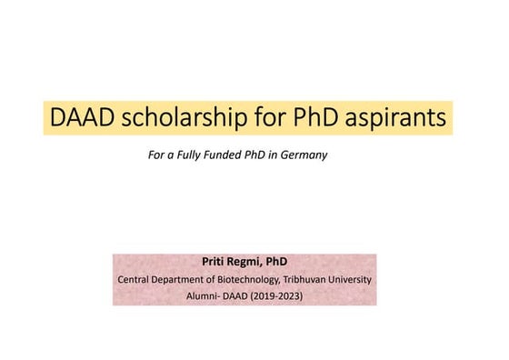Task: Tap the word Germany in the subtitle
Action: coord(304,155)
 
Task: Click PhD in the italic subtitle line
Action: coord(262,155)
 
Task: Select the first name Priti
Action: coord(214,262)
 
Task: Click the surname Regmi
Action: coord(247,262)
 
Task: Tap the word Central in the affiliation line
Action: coord(137,279)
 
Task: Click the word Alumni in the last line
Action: coord(198,295)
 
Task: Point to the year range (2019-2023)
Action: coord(281,295)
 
